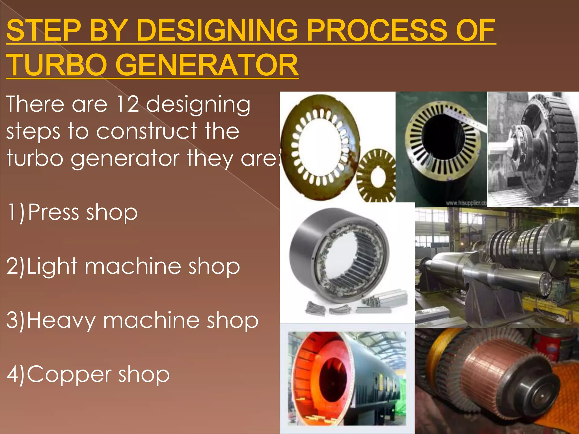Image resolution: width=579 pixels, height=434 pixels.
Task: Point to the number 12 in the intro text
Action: coord(128,104)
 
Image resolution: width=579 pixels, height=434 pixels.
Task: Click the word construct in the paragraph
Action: coord(147,131)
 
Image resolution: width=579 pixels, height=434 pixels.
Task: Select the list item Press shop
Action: coord(72,212)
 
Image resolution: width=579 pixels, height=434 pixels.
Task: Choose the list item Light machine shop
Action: coord(123,266)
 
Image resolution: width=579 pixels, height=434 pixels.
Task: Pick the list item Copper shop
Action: coord(88,374)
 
